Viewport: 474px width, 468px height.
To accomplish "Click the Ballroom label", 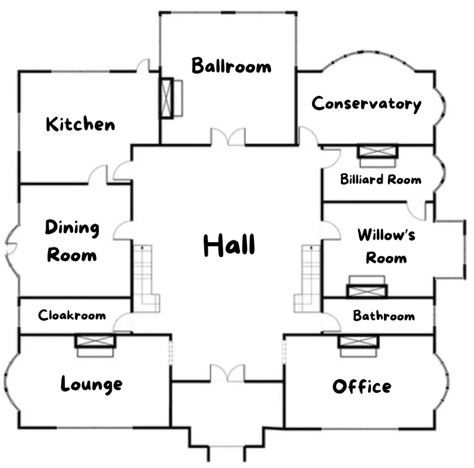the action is pyautogui.click(x=231, y=66).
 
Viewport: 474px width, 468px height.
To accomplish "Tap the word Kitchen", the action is pyautogui.click(x=80, y=123).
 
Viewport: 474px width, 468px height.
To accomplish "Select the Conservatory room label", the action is pyautogui.click(x=366, y=104).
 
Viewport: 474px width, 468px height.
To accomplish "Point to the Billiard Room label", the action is pyautogui.click(x=380, y=179).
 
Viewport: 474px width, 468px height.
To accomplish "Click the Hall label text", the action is pyautogui.click(x=229, y=245).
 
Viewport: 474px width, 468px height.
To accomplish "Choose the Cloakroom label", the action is pyautogui.click(x=72, y=315).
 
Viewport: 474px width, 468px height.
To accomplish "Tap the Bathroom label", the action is pyautogui.click(x=384, y=316).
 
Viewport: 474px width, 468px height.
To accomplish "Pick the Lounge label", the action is pyautogui.click(x=92, y=384).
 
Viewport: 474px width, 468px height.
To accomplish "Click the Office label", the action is pyautogui.click(x=362, y=386).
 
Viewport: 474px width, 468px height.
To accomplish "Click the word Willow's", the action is pyautogui.click(x=386, y=235).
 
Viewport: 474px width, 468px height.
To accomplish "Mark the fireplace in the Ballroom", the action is pyautogui.click(x=171, y=98).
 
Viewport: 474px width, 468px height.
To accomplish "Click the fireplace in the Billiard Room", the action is pyautogui.click(x=377, y=156).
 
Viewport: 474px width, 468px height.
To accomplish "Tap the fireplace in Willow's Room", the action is pyautogui.click(x=367, y=287).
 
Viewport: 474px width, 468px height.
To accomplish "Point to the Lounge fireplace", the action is pyautogui.click(x=95, y=346).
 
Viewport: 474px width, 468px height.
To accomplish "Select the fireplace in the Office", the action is pyautogui.click(x=358, y=346).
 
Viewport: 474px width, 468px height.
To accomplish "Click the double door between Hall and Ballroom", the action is pyautogui.click(x=228, y=137).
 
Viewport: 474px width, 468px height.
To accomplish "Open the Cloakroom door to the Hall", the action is pyautogui.click(x=123, y=323).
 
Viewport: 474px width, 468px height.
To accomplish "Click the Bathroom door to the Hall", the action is pyautogui.click(x=331, y=322).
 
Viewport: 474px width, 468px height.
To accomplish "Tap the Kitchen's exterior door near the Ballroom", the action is pyautogui.click(x=143, y=66).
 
